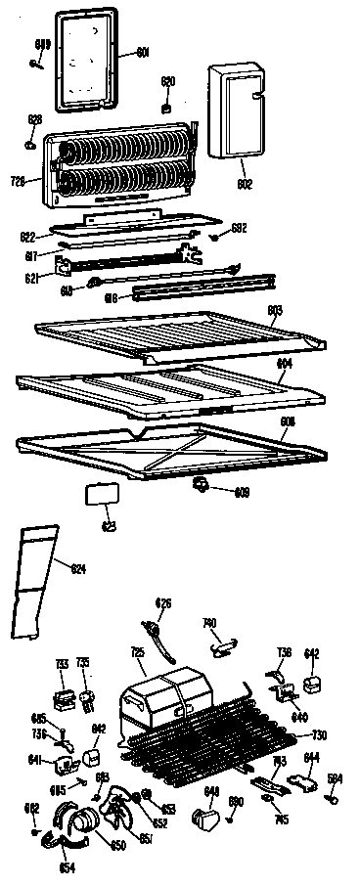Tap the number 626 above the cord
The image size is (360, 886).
pos(163,602)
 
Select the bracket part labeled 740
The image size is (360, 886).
pos(226,642)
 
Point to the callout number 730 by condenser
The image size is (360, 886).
pos(318,735)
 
